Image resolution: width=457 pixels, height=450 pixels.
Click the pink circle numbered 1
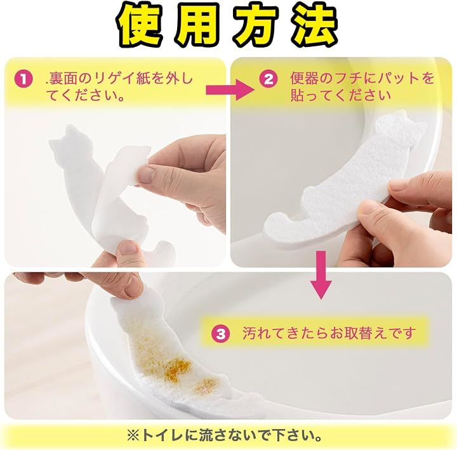tap(23, 79)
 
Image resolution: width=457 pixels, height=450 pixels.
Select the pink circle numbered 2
tap(268, 79)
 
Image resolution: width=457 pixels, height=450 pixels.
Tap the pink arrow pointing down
tap(321, 275)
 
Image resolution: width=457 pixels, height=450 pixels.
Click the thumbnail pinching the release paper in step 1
tap(147, 175)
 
